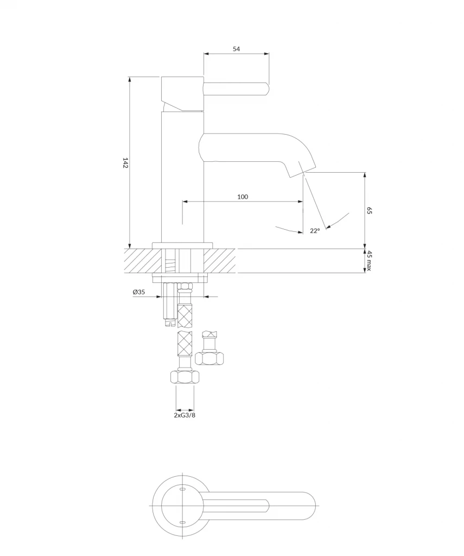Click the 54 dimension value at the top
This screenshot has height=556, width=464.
pos(236,49)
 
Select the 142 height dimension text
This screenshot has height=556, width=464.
pos(125,163)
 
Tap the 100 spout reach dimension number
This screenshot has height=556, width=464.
pos(243,197)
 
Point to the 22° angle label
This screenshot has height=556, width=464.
pos(315,231)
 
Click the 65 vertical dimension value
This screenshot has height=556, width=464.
pos(368,210)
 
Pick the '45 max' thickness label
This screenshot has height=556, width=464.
pos(368,261)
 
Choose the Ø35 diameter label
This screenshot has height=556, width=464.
pos(139,292)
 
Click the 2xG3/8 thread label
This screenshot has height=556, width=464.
pos(185,415)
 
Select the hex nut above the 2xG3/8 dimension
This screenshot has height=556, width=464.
pos(185,377)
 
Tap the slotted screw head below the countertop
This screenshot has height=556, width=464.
pos(171,323)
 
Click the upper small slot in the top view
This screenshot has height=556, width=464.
pos(182,489)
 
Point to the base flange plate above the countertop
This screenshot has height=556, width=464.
pos(182,246)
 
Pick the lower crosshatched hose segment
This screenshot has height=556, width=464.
pos(185,344)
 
